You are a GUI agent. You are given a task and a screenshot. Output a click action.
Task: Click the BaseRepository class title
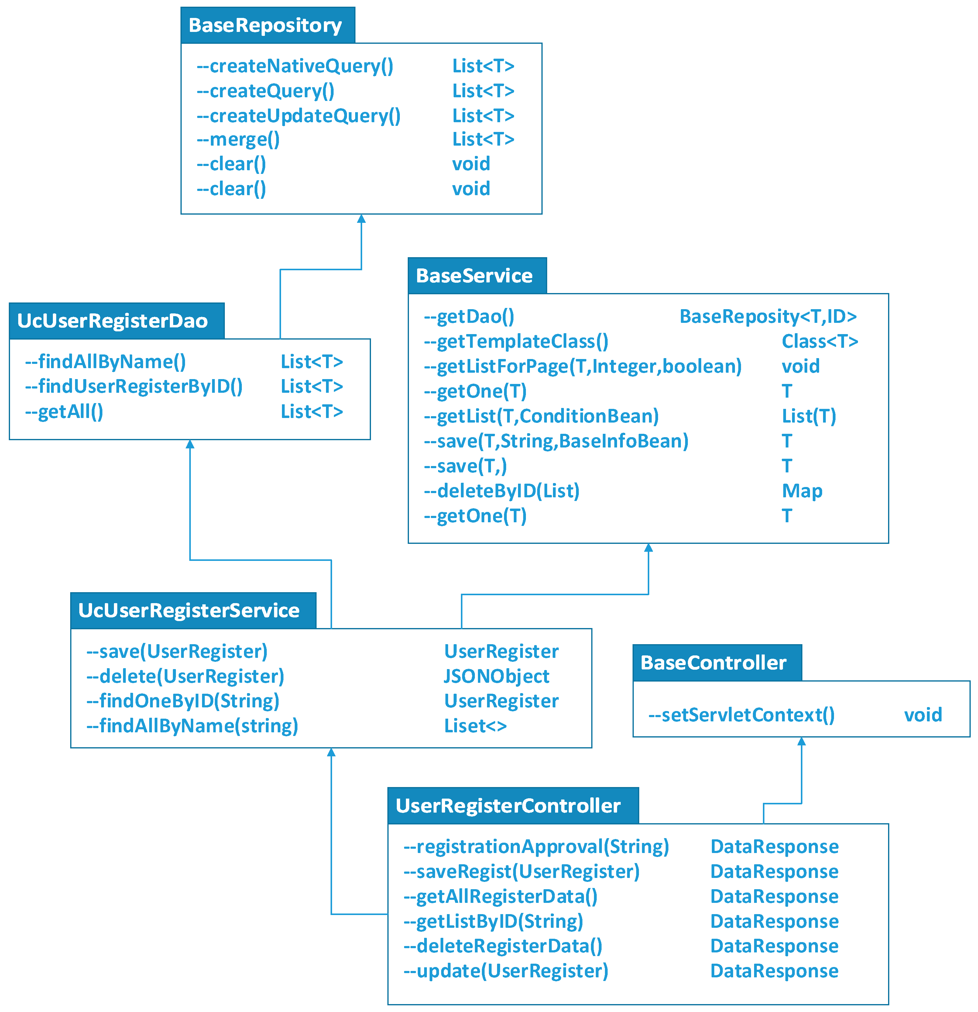click(265, 25)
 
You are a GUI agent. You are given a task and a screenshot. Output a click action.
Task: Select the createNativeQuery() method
click(295, 66)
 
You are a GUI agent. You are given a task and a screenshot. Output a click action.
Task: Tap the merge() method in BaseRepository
click(238, 140)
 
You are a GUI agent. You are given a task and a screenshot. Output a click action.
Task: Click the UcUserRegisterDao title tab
click(112, 321)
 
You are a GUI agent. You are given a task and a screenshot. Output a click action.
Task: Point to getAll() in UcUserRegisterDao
click(64, 412)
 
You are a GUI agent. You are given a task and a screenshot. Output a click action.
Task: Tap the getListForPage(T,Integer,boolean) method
click(583, 366)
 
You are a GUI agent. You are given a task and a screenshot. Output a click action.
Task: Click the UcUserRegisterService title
click(189, 610)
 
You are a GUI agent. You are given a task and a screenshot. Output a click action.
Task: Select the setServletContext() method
click(741, 715)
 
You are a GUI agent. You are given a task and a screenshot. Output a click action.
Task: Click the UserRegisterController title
click(508, 806)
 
